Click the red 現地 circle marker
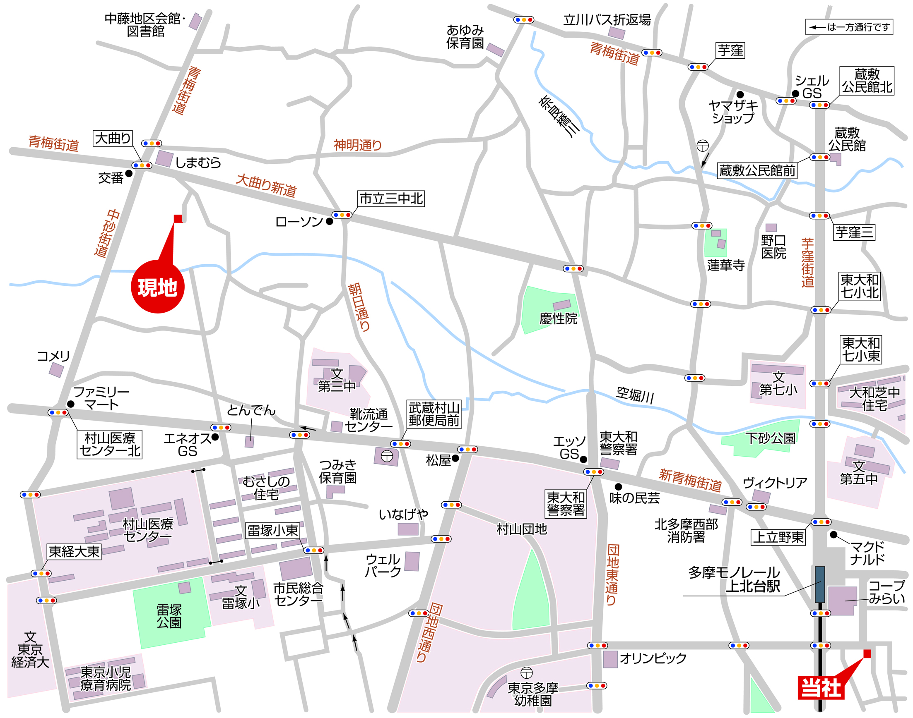[x=158, y=287]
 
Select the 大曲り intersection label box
[x=113, y=138]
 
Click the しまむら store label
[x=198, y=162]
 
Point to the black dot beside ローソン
[x=330, y=222]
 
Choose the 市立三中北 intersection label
[x=391, y=199]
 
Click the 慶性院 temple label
[x=558, y=318]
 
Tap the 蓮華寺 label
[x=726, y=265]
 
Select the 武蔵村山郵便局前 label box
[x=434, y=414]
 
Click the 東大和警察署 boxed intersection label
[x=566, y=504]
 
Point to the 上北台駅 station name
[x=753, y=586]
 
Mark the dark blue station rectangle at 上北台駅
[x=819, y=584]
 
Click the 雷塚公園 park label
[x=169, y=616]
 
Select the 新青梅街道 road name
[x=690, y=480]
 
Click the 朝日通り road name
[x=360, y=307]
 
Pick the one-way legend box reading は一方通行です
[x=849, y=27]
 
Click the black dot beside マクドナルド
[x=834, y=535]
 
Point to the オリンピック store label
[x=653, y=658]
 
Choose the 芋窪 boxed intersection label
[x=730, y=50]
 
